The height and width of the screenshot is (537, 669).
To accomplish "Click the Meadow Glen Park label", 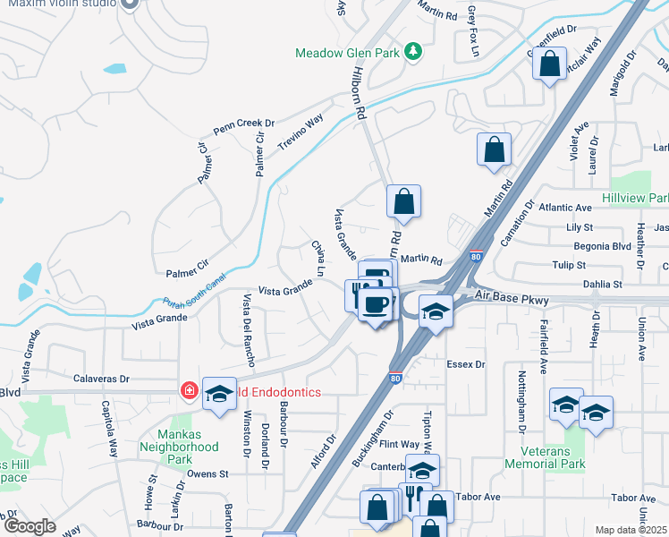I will point(347,53).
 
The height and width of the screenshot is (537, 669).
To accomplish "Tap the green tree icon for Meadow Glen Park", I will point(413,52).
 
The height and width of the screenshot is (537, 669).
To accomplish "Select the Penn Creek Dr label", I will point(243,123).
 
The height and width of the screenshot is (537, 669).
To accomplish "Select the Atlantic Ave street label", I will point(566,208).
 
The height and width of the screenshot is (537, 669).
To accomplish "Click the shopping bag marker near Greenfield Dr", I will point(549,65).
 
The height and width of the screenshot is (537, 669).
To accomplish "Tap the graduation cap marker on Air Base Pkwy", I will point(435,312).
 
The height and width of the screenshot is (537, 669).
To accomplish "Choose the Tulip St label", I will point(569,265).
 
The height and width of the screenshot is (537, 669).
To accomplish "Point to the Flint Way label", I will point(399,444).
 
